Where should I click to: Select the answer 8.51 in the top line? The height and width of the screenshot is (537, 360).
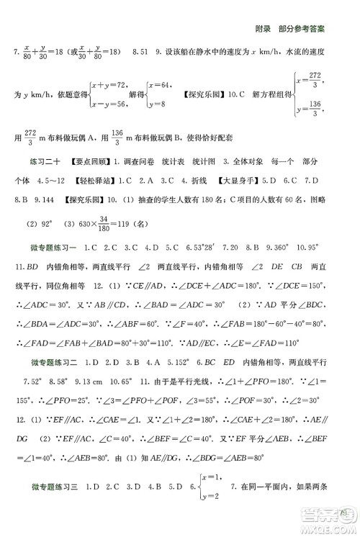[x=141, y=53]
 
